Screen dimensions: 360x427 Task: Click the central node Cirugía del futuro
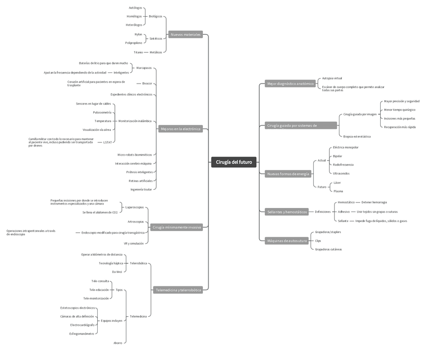tap(234, 162)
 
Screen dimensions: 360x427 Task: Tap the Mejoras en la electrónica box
tap(180, 129)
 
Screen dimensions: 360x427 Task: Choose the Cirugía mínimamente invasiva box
tap(176, 227)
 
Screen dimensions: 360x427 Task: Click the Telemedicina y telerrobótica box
tap(178, 290)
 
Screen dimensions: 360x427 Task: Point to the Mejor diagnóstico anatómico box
tap(290, 84)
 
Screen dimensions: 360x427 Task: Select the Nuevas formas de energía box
tap(288, 174)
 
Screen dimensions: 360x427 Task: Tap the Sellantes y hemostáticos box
tap(287, 212)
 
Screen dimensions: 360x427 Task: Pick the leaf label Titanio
tap(138, 52)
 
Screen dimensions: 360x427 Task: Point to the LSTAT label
tap(108, 142)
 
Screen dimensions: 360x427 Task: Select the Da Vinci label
tap(117, 271)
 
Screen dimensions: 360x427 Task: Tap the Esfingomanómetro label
tap(82, 333)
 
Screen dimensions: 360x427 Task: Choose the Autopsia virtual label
tap(332, 78)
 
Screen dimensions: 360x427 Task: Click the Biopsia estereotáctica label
tap(357, 136)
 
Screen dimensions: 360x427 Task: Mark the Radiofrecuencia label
tap(343, 165)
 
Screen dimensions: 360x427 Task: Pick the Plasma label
tap(338, 191)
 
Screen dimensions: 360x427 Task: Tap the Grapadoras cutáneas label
tap(328, 249)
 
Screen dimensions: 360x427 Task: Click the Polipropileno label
tap(133, 43)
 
